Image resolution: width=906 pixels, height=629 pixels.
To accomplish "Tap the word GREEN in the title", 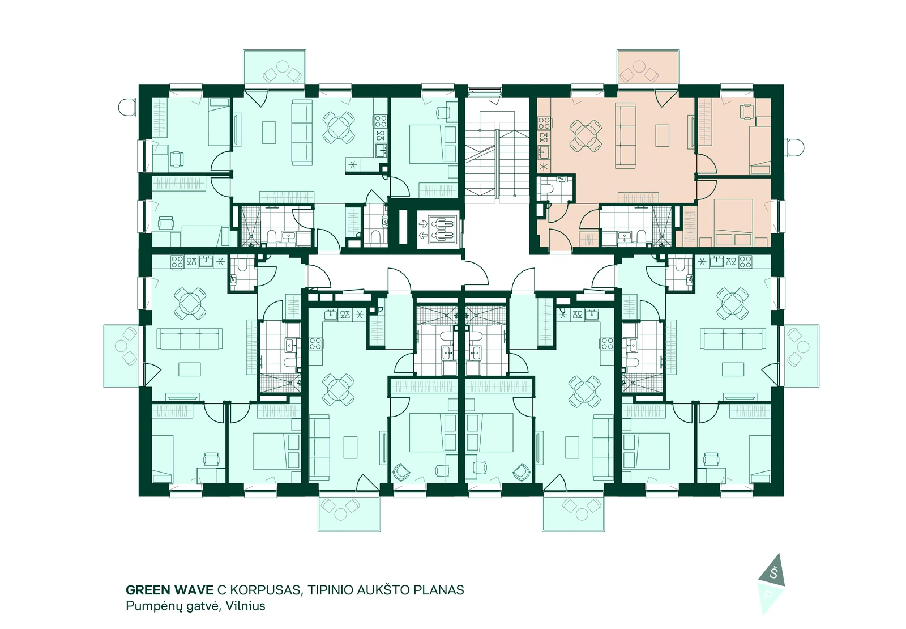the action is [x=147, y=590].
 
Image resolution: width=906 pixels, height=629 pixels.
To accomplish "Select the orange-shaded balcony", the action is [x=648, y=67].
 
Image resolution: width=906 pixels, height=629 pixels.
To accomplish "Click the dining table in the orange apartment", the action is [x=586, y=135].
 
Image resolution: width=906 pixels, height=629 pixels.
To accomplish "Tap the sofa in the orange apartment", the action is [x=625, y=135].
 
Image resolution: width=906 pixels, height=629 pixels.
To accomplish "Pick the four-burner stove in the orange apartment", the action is [x=544, y=122].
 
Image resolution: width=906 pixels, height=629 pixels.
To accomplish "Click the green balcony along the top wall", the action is [x=275, y=67].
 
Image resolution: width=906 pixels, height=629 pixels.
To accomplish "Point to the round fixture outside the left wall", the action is [x=127, y=107].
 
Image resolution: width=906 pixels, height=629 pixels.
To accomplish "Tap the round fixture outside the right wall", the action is [x=795, y=148].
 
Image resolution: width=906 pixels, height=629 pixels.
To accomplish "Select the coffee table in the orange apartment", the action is [x=662, y=135].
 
